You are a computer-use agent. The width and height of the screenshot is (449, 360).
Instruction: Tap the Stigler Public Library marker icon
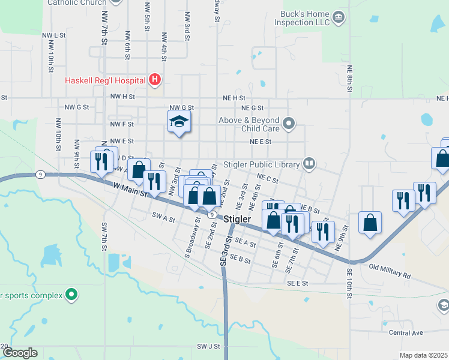[x=309, y=163]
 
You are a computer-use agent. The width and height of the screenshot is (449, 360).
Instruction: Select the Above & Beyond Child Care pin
[x=289, y=124]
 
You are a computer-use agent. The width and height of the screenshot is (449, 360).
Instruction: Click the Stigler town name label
[x=237, y=220]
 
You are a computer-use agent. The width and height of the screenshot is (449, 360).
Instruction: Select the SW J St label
[x=208, y=347]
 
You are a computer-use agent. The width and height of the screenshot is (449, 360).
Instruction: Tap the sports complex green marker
[x=71, y=295]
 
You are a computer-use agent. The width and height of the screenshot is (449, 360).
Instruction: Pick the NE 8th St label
[x=349, y=78]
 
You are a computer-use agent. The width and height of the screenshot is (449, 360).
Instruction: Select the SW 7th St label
[x=104, y=235]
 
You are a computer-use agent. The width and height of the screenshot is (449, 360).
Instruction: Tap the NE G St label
[x=252, y=108]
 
